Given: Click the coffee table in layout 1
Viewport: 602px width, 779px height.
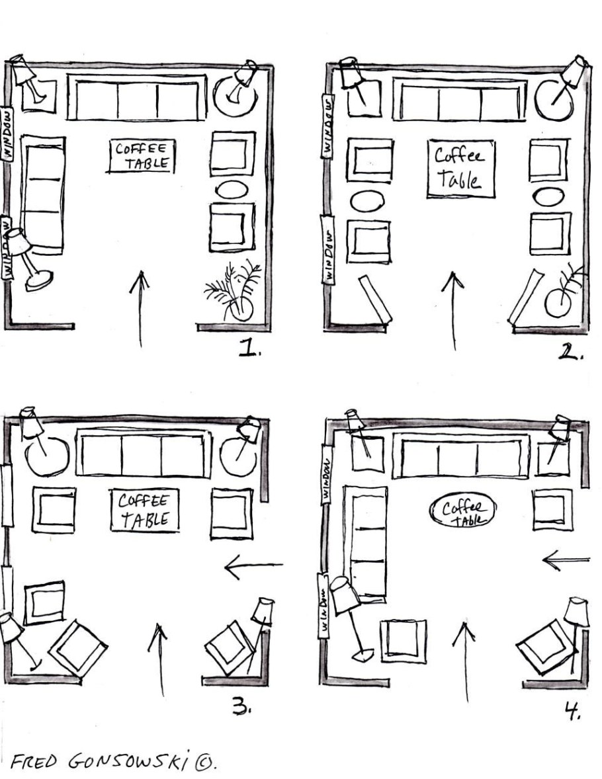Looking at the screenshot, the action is point(141,156).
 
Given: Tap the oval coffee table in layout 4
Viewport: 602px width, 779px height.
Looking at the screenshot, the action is point(462,509).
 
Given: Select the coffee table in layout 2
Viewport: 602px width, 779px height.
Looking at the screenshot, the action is point(461,169).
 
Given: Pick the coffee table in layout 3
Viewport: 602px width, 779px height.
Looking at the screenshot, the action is point(144,511).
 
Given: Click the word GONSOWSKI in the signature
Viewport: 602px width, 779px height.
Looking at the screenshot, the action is point(130,761).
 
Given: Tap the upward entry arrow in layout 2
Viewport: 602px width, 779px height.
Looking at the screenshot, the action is point(453,311).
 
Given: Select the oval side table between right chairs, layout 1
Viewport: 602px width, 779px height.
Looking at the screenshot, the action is point(232,190).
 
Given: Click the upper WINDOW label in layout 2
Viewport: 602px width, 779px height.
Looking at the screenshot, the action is point(327,126).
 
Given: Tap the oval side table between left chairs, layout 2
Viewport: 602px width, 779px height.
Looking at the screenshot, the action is point(367,201).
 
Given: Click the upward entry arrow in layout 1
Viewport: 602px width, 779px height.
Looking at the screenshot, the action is point(140,309).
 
